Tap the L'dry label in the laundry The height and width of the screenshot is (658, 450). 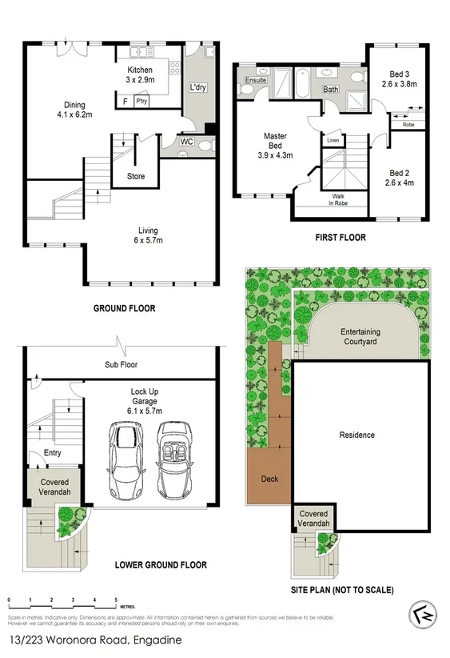coord(196,88)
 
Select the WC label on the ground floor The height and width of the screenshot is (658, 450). coord(186,142)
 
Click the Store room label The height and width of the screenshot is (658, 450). coord(136,176)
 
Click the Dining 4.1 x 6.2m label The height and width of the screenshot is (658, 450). coord(75,110)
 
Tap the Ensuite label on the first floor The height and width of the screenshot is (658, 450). coord(256,80)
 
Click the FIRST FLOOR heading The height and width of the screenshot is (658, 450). coord(340,238)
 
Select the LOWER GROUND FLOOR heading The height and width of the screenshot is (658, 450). coord(161,565)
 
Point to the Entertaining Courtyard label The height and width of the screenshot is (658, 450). coord(360,336)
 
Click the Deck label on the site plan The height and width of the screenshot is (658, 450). coord(270,479)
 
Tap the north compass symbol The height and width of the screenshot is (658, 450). coord(424,614)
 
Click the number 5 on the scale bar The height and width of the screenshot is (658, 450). coord(116,600)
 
